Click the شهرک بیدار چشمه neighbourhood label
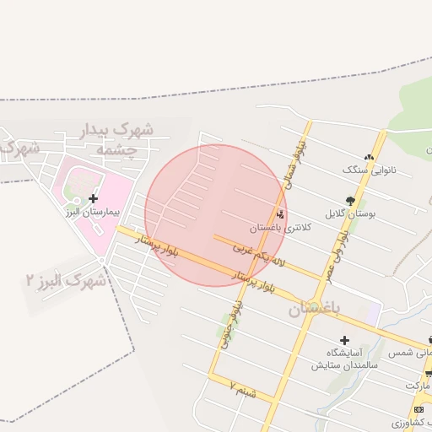pyautogui.click(x=124, y=139)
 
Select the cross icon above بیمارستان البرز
pyautogui.click(x=93, y=198)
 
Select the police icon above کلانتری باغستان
pyautogui.click(x=280, y=213)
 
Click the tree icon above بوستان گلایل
pyautogui.click(x=350, y=201)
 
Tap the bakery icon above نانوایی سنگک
pyautogui.click(x=368, y=156)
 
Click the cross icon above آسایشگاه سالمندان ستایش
pyautogui.click(x=344, y=340)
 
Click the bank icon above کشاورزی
pyautogui.click(x=418, y=409)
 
